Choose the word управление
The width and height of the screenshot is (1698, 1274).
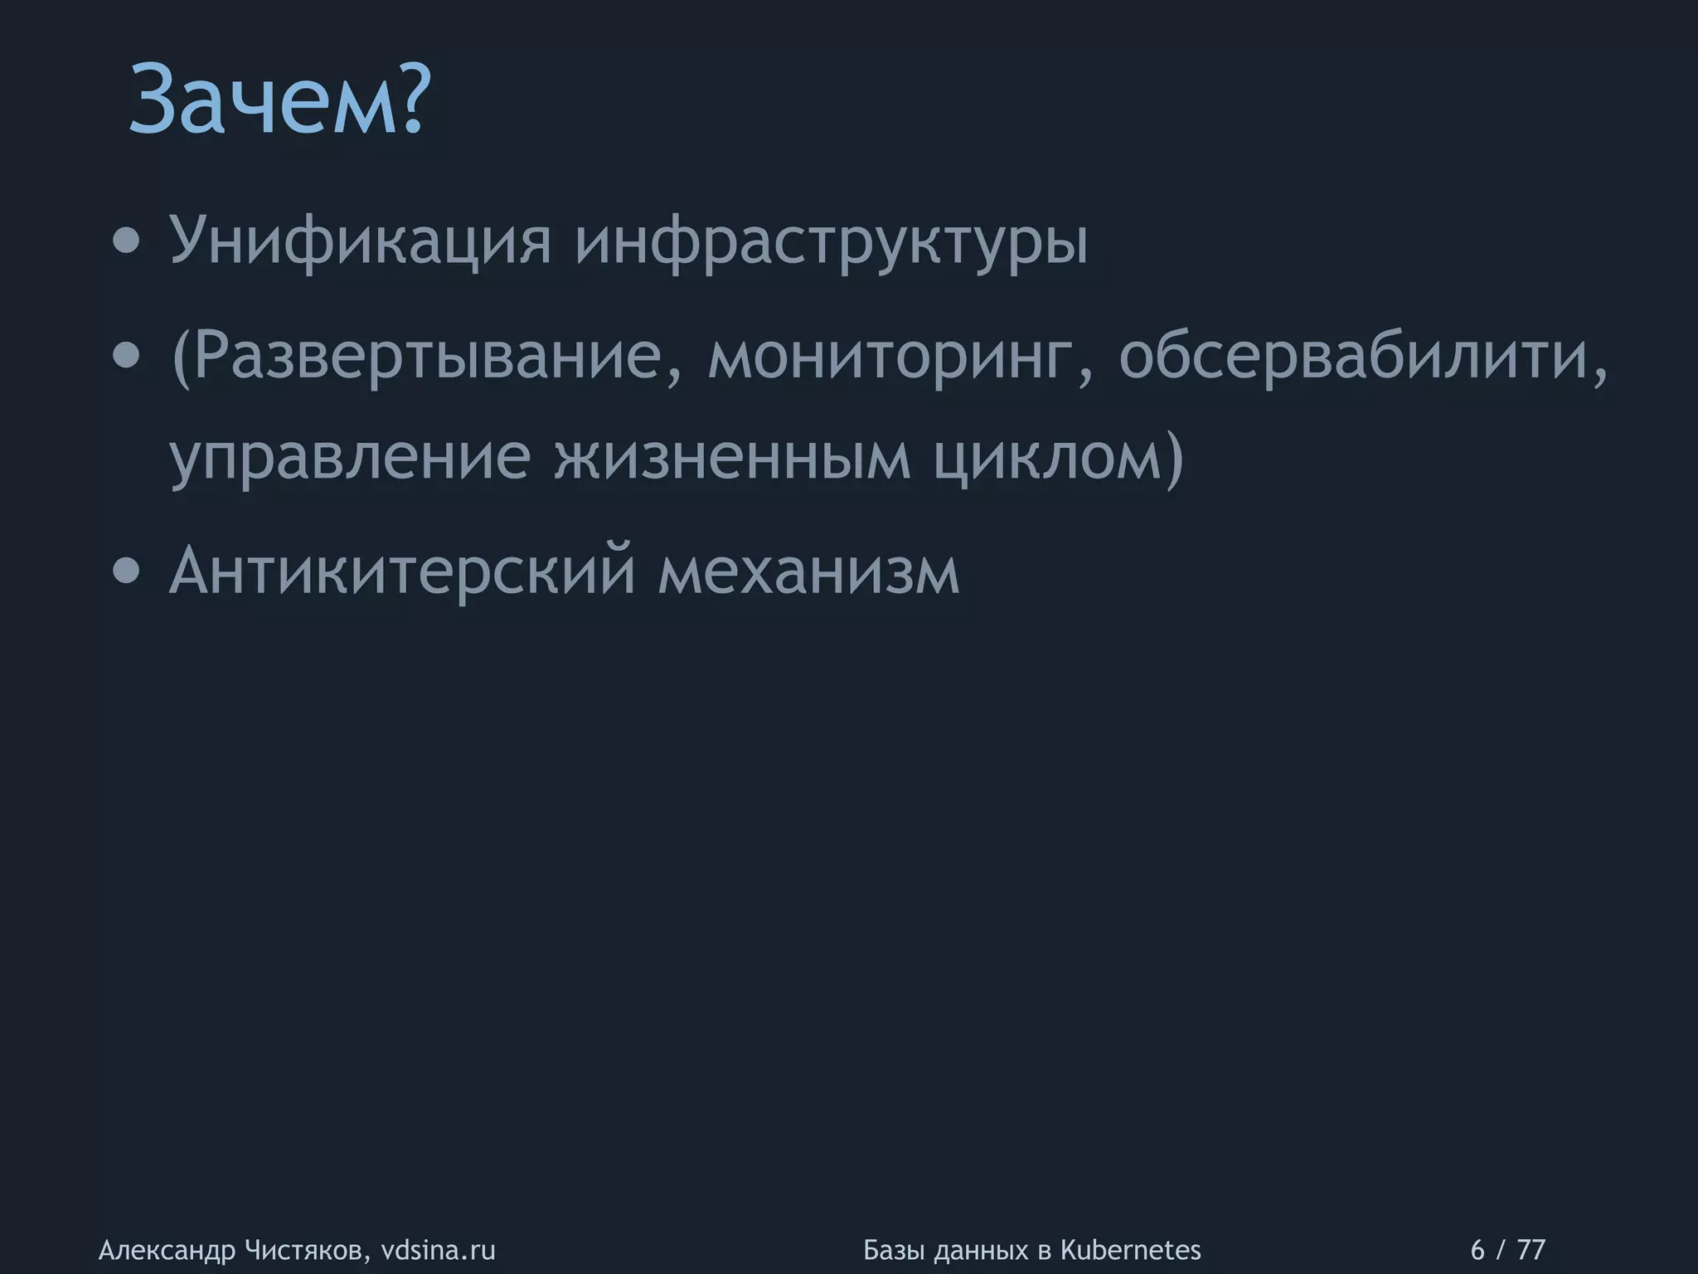[349, 457]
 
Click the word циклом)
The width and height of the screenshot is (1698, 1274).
[1058, 457]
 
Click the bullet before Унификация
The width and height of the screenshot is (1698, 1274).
[126, 242]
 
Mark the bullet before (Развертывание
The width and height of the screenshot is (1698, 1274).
[126, 357]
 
